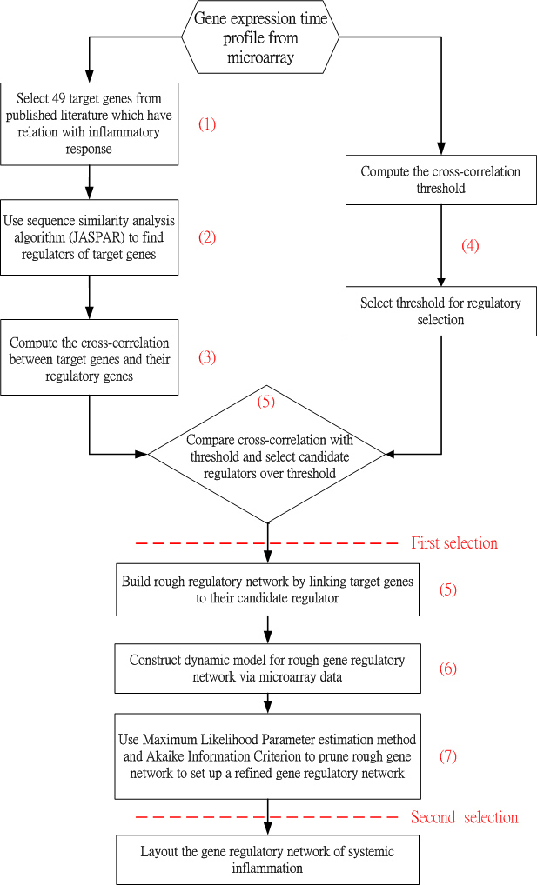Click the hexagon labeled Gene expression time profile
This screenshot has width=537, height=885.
coord(260,37)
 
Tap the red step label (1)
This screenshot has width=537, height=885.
coord(207,124)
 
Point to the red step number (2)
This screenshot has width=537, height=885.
coord(207,237)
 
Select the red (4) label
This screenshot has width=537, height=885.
coord(470,245)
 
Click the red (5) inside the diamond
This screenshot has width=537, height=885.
coord(265,402)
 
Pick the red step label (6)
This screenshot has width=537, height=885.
coord(447,669)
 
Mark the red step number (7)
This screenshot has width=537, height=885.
coord(447,756)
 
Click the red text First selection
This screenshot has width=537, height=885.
coord(454,543)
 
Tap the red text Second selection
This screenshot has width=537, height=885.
coord(464,817)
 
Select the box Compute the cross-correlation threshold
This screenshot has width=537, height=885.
coord(441,180)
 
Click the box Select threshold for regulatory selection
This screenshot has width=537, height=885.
coord(441,311)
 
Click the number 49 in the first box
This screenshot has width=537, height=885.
coord(59,99)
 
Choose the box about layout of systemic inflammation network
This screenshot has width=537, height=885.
coord(268,860)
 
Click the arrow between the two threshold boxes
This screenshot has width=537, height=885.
coord(441,245)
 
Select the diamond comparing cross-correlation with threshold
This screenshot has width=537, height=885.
coord(267,454)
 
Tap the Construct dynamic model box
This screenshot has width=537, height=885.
coord(268,669)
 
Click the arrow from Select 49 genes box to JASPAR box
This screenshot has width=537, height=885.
coord(90,183)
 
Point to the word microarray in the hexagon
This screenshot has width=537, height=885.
coord(260,57)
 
